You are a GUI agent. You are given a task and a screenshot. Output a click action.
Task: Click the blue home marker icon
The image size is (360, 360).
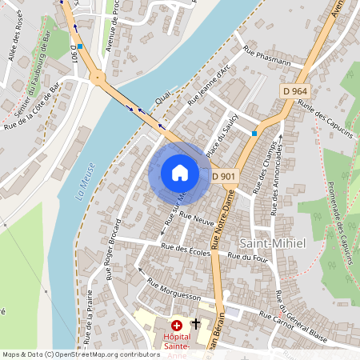(x=179, y=173)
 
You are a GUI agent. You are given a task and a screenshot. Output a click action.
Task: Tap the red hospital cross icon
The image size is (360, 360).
(x=177, y=325)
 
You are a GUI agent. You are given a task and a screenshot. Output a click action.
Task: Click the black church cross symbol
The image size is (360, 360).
(x=195, y=325)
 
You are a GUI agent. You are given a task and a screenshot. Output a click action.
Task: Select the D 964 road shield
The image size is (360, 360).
(x=295, y=91)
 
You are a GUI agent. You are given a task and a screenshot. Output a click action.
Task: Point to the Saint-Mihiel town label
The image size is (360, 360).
(x=273, y=242)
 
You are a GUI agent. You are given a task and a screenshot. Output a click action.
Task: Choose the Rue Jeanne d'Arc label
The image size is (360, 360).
(x=209, y=85)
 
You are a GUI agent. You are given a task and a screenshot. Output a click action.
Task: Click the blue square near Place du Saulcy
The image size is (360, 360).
(x=254, y=133)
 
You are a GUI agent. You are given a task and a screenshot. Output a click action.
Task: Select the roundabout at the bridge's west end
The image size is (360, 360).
(x=98, y=78)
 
